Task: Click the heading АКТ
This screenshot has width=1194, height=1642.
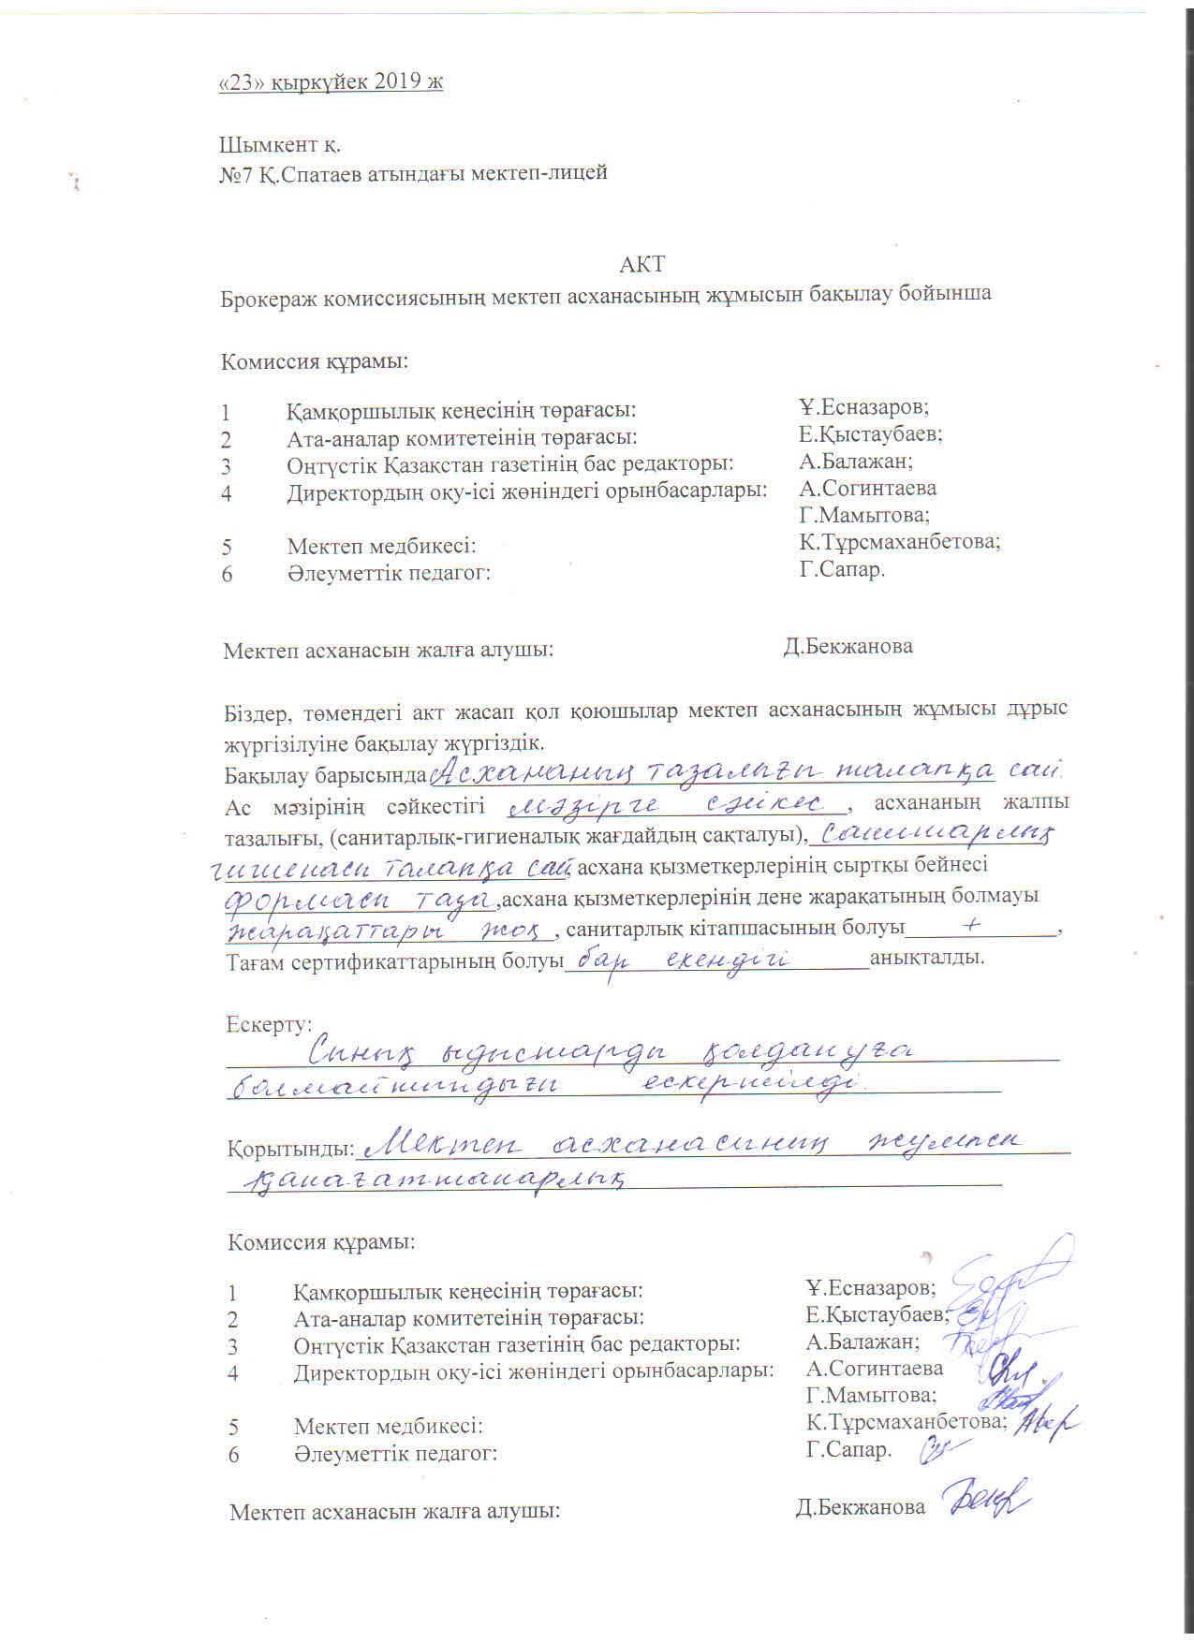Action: pos(642,264)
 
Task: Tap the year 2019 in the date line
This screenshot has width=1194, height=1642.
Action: pos(398,82)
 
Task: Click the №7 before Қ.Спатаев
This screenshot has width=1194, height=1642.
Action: pos(235,173)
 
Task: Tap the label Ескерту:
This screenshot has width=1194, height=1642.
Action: pos(269,1024)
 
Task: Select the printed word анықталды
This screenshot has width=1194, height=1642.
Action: pos(927,960)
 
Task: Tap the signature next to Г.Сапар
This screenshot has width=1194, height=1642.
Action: pos(939,1449)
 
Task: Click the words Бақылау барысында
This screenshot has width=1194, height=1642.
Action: pos(325,776)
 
